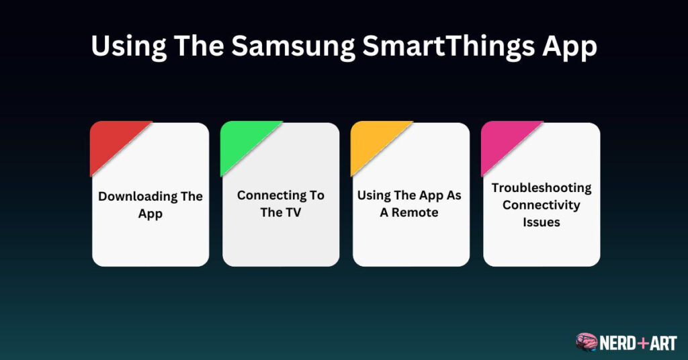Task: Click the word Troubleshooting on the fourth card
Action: click(542, 188)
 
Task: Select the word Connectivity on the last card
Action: click(542, 205)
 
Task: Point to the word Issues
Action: click(542, 222)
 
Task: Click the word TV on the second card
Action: click(292, 213)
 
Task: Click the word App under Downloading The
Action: click(150, 214)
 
